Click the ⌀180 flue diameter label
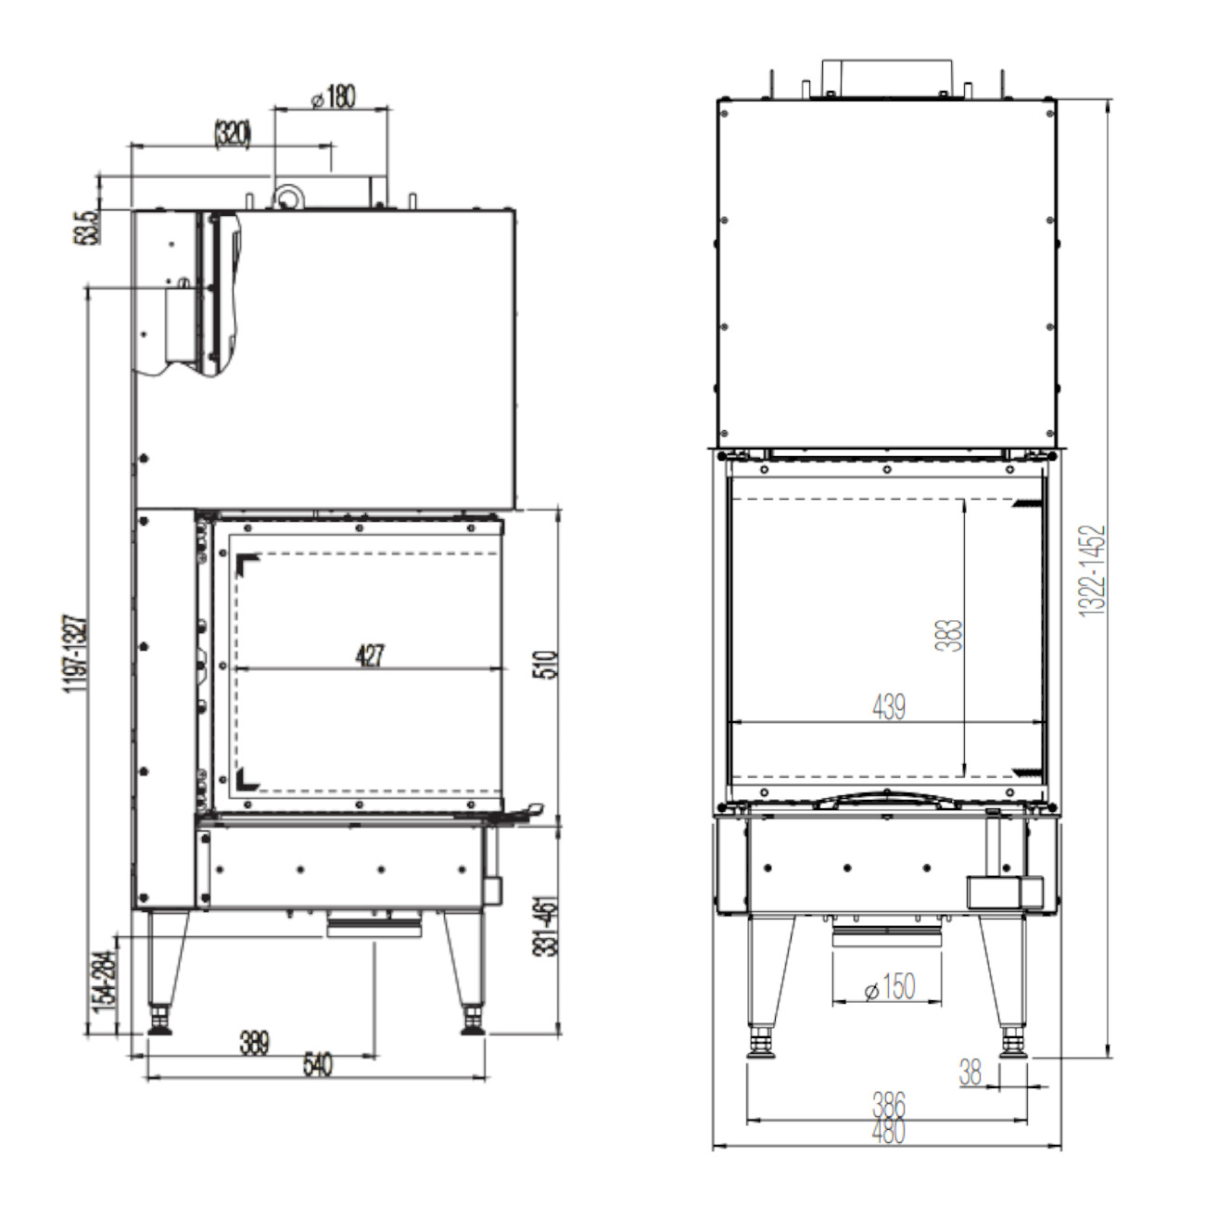tap(334, 96)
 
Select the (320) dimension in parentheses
tap(232, 134)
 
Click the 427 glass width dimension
tap(370, 656)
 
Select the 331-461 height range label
tap(550, 927)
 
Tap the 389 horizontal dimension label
tap(254, 1044)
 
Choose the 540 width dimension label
tap(317, 1066)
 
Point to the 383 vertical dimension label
tap(951, 635)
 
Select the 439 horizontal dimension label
tap(889, 706)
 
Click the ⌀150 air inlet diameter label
tap(889, 988)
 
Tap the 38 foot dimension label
tap(970, 1073)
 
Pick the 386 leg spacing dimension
tap(888, 1105)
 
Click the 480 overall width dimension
tap(888, 1132)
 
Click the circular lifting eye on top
tap(288, 197)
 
